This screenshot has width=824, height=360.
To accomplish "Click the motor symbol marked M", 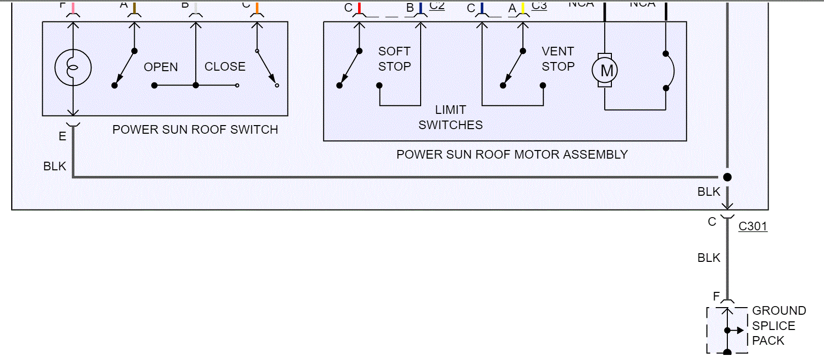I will (605, 70).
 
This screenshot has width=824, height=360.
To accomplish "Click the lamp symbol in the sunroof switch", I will (73, 68).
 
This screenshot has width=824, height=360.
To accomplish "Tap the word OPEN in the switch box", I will (161, 67).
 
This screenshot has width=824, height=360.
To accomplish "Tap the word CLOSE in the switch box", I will (225, 67).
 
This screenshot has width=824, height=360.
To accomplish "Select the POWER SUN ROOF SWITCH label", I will (195, 130).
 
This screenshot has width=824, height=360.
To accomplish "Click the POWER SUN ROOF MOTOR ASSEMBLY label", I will (512, 155).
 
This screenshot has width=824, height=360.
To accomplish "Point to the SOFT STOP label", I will (394, 59).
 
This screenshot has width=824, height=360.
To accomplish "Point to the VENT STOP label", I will (558, 59).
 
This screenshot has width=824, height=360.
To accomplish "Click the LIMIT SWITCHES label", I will (450, 117).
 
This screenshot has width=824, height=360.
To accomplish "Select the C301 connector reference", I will (752, 226).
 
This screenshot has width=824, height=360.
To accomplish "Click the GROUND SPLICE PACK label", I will (778, 325).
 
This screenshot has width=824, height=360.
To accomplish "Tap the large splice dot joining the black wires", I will (727, 177).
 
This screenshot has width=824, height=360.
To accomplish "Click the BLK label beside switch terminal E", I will (54, 166).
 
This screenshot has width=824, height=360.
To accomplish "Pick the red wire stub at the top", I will (359, 8).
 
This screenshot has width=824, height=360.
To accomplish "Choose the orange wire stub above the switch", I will (257, 8).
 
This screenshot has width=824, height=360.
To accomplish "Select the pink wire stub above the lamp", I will (73, 8).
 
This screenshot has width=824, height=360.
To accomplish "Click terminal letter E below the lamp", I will (62, 136).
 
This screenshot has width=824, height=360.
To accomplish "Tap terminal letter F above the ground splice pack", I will (716, 296).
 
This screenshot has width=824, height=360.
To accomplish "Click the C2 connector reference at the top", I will (437, 6).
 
